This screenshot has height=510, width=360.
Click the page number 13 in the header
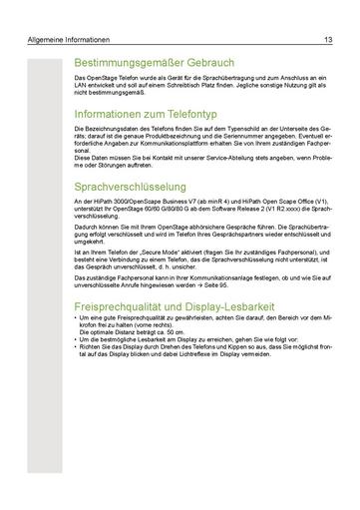(328, 40)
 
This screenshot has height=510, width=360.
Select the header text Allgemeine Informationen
(70, 40)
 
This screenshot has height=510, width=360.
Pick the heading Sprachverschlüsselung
(131, 187)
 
